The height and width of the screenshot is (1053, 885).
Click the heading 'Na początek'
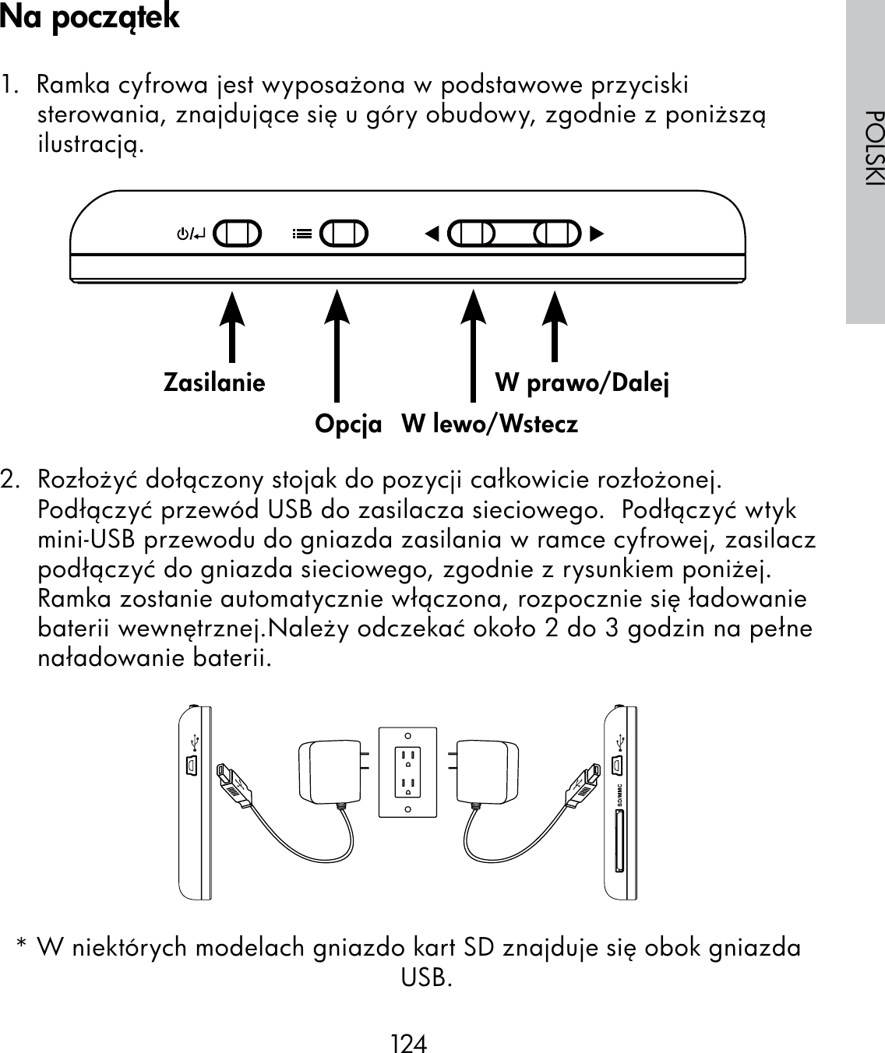(x=90, y=17)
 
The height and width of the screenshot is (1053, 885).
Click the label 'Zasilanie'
(x=214, y=383)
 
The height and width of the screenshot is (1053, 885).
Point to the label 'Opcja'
(x=348, y=424)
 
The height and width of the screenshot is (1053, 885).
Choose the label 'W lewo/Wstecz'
(x=490, y=424)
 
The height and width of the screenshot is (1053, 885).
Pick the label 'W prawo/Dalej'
(x=583, y=383)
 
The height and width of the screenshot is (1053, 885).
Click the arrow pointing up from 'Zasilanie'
(x=231, y=327)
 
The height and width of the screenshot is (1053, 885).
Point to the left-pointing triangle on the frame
(x=432, y=233)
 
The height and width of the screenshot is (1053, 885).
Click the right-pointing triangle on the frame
(x=597, y=233)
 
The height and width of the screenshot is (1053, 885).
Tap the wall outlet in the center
(x=407, y=772)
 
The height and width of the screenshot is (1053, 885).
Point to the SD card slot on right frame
(x=618, y=842)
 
